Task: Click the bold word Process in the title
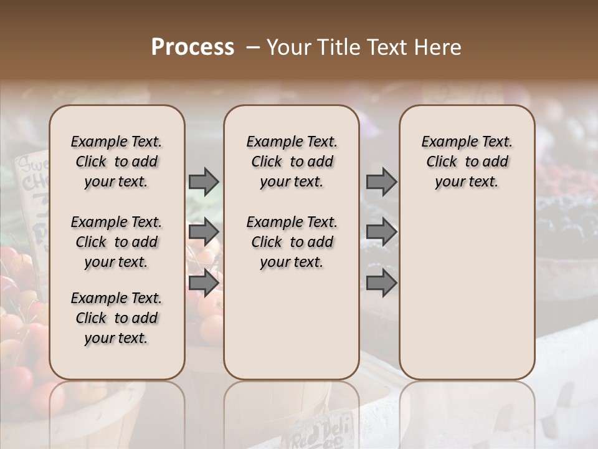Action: [192, 47]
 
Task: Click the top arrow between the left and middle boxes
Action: [204, 182]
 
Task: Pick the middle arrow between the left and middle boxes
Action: [204, 233]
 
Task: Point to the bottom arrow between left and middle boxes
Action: [204, 282]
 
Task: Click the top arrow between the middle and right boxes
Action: [381, 182]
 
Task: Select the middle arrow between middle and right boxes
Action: [381, 233]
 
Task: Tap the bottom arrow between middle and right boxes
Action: [381, 282]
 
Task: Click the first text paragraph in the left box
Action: [116, 162]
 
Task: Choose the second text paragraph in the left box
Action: [116, 242]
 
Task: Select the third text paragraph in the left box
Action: [116, 318]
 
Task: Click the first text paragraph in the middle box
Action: [292, 162]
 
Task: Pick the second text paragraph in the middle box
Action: [292, 242]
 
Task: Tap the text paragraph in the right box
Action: [467, 162]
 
